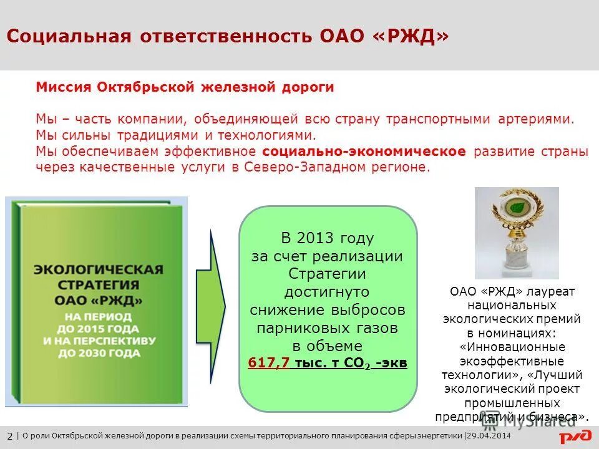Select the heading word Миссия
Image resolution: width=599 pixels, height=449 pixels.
(x=64, y=87)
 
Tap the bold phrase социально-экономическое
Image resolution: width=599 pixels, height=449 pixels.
(x=364, y=152)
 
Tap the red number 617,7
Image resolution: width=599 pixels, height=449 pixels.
(x=268, y=363)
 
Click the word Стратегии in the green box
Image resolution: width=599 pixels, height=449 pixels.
(x=327, y=274)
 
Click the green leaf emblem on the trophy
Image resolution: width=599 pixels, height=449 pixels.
(x=516, y=206)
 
